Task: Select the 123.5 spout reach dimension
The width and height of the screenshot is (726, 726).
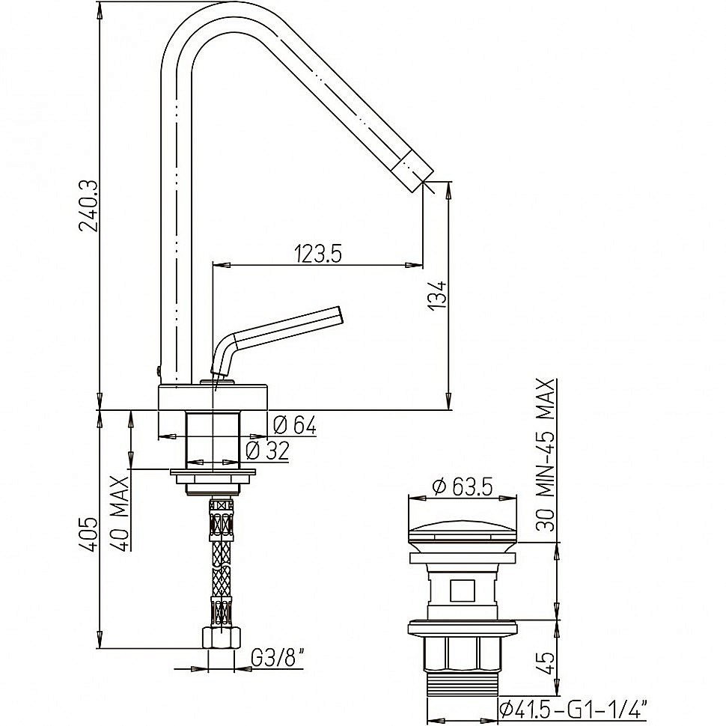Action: [x=318, y=253]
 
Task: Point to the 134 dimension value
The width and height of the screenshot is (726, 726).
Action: [x=437, y=295]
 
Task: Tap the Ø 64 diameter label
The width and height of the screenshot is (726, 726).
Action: [x=294, y=424]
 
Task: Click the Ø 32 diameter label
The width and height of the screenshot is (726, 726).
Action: [x=267, y=451]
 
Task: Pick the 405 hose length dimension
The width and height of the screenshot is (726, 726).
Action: [x=88, y=534]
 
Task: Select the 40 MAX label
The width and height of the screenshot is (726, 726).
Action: [x=121, y=513]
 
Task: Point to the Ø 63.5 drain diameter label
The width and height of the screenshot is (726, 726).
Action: [x=462, y=486]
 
